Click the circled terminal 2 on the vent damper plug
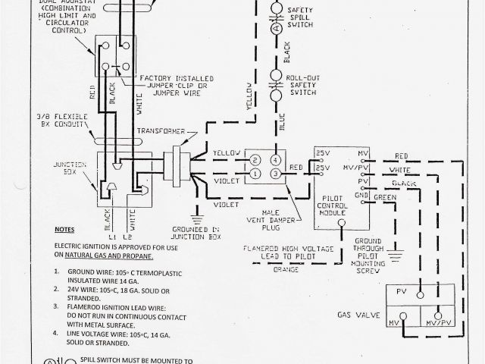coord(256,160)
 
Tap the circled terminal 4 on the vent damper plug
coord(276,160)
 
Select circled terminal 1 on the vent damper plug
coord(256,174)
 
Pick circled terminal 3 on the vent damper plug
coord(276,174)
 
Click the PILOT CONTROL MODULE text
coord(336,200)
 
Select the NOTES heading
coord(64,229)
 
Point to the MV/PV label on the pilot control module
coord(366,167)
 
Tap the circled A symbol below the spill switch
coord(277,27)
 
